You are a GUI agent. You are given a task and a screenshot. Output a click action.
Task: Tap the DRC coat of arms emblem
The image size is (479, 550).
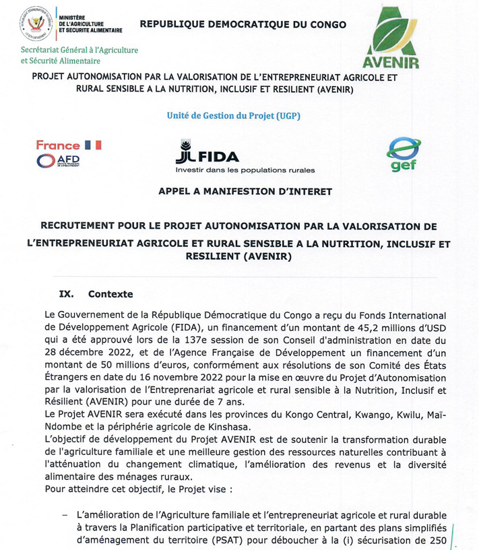click(x=37, y=24)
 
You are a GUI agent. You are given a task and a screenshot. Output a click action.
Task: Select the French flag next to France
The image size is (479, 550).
click(x=93, y=145)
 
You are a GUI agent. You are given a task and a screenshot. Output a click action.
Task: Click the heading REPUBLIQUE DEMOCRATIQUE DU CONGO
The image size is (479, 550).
click(x=243, y=25)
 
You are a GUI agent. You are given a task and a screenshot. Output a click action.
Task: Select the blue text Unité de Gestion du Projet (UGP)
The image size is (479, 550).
click(x=233, y=115)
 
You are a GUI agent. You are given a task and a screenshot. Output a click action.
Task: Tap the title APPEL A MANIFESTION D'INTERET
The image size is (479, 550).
click(x=245, y=191)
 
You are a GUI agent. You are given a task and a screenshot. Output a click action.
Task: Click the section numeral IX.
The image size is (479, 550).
click(x=66, y=294)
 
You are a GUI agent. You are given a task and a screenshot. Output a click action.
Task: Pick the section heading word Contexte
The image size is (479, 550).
click(x=110, y=294)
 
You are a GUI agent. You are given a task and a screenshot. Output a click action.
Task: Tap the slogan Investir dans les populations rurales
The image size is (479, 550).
click(x=245, y=170)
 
